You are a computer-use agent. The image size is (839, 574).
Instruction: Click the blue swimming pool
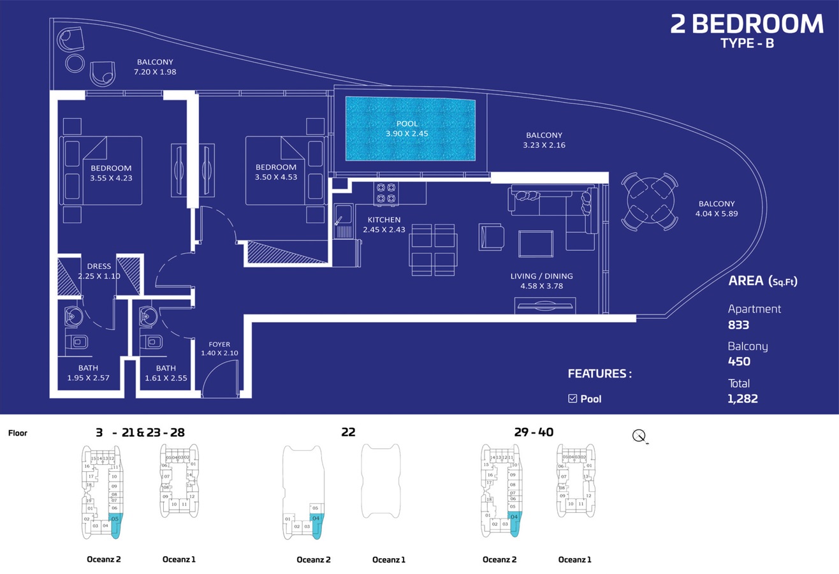point(410,129)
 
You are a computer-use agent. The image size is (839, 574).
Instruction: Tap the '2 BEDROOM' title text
point(747,24)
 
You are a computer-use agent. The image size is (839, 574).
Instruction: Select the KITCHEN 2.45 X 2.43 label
point(384,224)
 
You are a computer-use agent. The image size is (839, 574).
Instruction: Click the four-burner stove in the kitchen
point(386,193)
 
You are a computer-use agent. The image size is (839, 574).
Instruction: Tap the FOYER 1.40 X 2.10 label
point(219,349)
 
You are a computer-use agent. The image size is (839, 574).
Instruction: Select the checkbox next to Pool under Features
point(572,399)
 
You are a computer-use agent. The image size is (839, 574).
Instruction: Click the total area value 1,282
point(742,399)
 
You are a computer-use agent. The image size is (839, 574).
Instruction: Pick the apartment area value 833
point(738,325)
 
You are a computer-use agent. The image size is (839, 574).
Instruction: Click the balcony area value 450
point(739,362)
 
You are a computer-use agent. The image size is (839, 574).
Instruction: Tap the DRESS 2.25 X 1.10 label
point(99,271)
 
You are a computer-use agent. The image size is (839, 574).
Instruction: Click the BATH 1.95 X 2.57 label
point(88,373)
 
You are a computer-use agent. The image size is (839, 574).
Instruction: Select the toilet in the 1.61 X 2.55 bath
point(154,342)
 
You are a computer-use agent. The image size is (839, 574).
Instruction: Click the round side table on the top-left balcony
point(75,63)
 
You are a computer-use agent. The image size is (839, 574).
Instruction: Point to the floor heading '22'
point(348,432)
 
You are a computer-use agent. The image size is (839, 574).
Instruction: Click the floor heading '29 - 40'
point(534,432)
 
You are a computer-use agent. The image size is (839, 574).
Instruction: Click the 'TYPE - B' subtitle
point(747,43)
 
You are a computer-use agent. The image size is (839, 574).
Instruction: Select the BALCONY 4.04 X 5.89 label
point(716,209)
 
